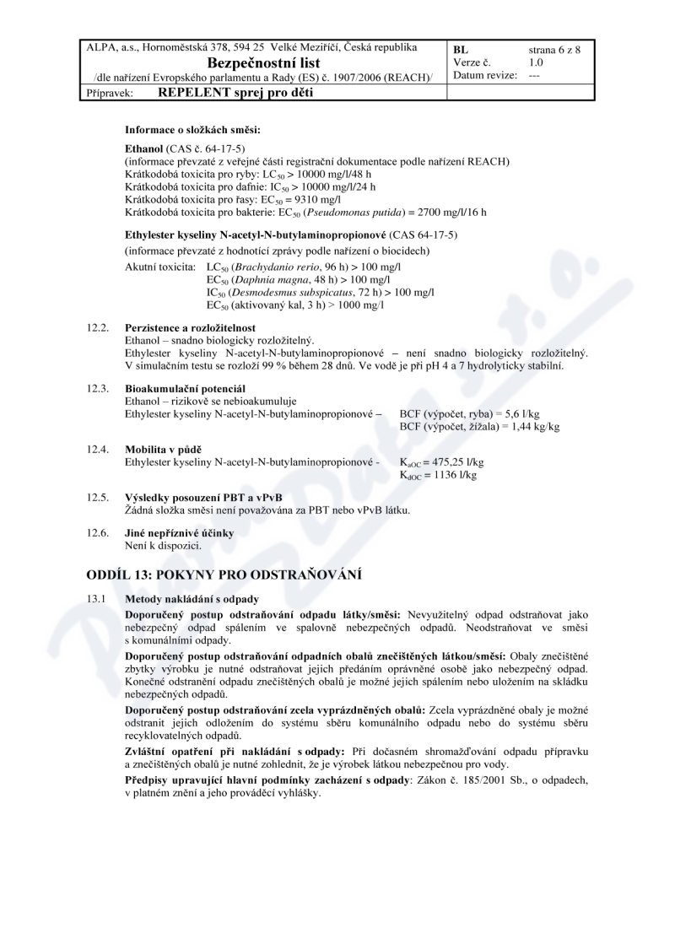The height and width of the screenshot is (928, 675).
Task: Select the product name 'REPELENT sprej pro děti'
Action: click(235, 93)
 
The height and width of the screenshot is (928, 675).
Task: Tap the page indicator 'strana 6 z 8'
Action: click(554, 49)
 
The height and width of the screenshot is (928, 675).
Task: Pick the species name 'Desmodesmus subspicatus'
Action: click(292, 292)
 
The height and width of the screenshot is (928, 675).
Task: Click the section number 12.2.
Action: click(99, 327)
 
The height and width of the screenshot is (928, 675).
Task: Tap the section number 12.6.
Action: click(99, 534)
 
